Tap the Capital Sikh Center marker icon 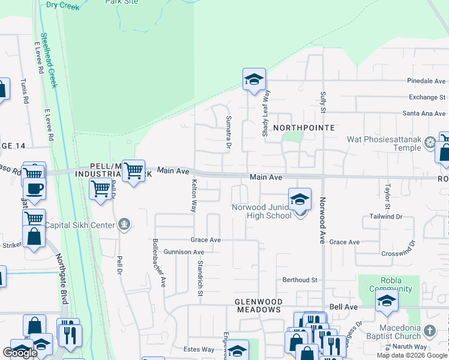[124, 225]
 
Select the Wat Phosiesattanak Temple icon [430, 142]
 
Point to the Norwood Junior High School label [262, 211]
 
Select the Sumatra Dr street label [229, 133]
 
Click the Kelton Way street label [194, 196]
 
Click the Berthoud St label [300, 280]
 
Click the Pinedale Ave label [426, 80]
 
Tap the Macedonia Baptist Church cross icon [429, 331]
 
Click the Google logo [20, 353]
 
